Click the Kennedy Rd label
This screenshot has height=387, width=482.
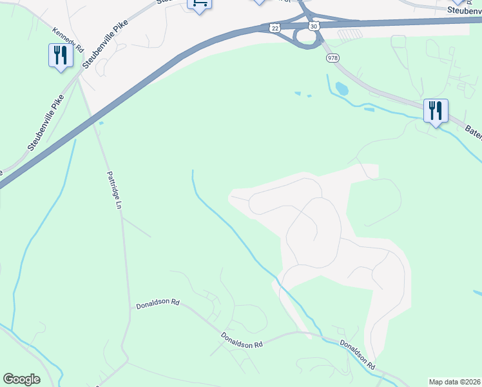tap(69, 40)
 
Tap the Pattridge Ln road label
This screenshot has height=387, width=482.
tap(114, 190)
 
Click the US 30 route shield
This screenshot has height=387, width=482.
tap(313, 26)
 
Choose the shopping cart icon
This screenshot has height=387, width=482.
tap(200, 5)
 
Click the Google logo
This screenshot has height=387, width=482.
tap(21, 379)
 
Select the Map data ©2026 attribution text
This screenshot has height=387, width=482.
tap(454, 382)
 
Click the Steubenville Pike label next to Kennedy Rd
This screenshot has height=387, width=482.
tap(105, 37)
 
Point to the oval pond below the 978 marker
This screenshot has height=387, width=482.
tap(342, 88)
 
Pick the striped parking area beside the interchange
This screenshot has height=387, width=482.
tap(350, 35)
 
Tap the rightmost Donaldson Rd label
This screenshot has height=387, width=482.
tap(358, 354)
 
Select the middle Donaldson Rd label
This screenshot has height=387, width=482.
tap(242, 340)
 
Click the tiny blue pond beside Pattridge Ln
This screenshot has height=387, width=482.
tap(101, 123)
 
